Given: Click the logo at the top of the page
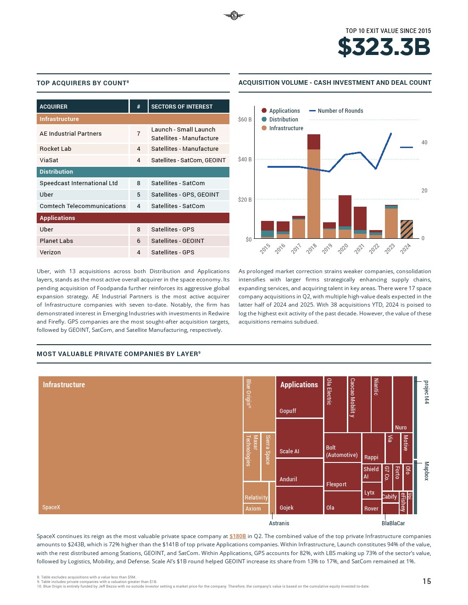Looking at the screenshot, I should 234,16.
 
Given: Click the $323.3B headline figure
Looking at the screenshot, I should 384,47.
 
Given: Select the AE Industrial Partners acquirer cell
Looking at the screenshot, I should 71,134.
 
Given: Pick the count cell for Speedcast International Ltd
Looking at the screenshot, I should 139,183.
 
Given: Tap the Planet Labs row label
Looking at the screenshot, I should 56,241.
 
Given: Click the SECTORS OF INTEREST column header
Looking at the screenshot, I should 182,107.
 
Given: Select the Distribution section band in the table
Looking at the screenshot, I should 133,172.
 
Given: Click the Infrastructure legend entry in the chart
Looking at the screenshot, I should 286,128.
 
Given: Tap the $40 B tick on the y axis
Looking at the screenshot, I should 245,159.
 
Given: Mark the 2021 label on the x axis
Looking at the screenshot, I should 359,248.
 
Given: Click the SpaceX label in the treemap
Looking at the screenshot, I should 51,507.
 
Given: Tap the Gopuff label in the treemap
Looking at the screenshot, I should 288,411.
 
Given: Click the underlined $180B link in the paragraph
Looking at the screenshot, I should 238,536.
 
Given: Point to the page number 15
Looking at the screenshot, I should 427,581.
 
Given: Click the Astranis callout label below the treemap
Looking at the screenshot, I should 279,523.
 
